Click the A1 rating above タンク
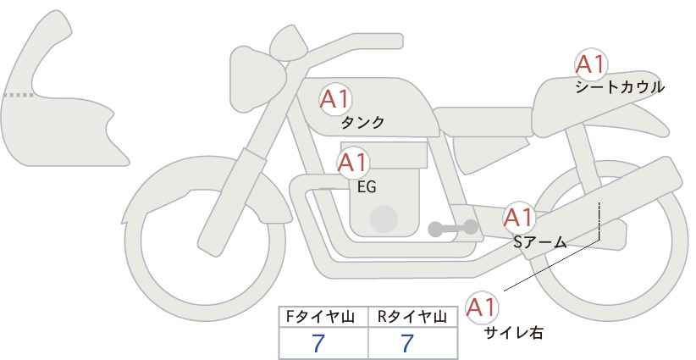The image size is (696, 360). [x=335, y=99]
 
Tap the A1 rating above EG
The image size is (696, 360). [x=352, y=163]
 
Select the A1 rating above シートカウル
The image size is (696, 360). [x=591, y=64]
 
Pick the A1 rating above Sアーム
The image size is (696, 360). [x=519, y=218]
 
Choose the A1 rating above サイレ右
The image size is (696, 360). [x=481, y=307]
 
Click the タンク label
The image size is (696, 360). [x=362, y=123]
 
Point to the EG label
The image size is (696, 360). [x=367, y=187]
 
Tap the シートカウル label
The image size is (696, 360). [x=620, y=87]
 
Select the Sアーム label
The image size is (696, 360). [x=539, y=242]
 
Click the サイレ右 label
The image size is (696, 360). [x=514, y=333]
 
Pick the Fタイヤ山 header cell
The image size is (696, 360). [x=323, y=317]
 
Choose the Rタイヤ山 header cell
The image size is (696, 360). [x=413, y=317]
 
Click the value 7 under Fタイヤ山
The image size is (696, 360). [x=318, y=343]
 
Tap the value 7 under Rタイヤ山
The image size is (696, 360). [x=407, y=343]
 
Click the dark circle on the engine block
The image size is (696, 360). [x=384, y=219]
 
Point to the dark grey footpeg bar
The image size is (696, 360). [x=453, y=228]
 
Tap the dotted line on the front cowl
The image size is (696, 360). [x=19, y=95]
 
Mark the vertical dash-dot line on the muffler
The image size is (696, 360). [x=599, y=220]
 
